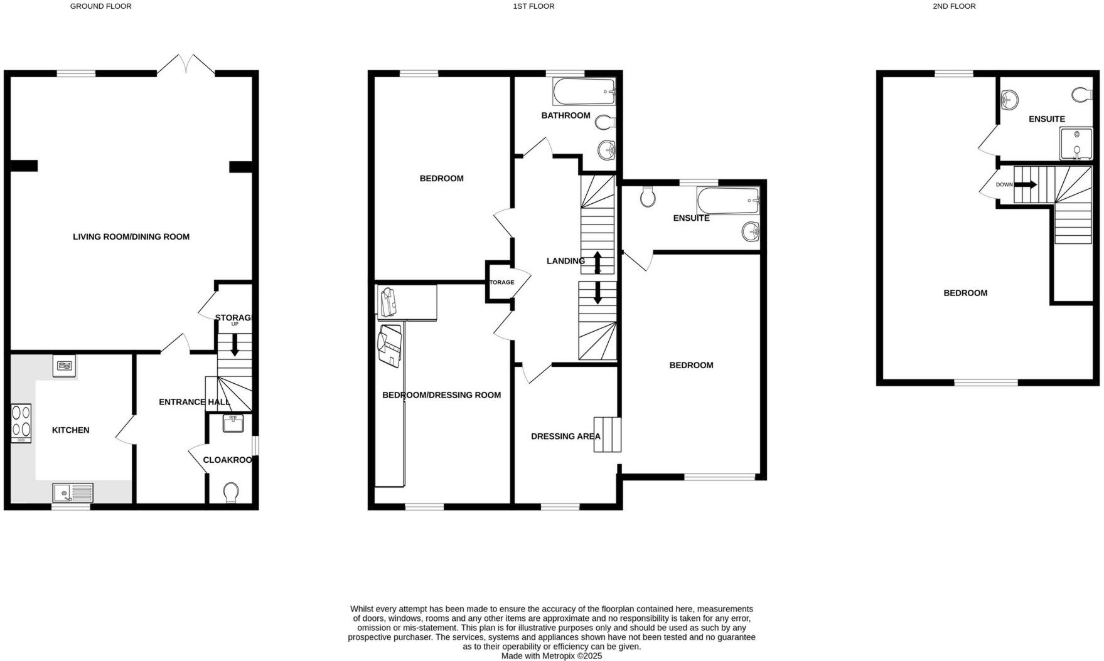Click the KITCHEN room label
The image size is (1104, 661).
coord(70,430)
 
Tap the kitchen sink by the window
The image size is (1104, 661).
coord(72,493)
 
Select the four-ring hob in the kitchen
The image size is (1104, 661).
coord(21,421)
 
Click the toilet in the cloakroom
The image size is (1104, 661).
coord(231,492)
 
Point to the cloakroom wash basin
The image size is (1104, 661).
coord(233,424)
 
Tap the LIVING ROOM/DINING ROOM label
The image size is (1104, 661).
coord(131,237)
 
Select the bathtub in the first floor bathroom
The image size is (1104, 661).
coord(584,92)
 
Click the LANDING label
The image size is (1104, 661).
coord(565,261)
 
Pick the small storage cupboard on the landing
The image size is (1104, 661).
coord(501,282)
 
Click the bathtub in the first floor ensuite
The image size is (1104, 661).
coord(727,201)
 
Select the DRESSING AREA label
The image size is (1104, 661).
coord(565,436)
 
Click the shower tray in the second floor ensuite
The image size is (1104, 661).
coord(1076,143)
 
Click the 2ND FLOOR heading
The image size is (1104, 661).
coord(954,6)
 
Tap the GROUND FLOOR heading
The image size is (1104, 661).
coord(100,6)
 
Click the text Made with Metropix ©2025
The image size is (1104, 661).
coord(551,656)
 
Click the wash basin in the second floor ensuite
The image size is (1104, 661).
coord(1009,99)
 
